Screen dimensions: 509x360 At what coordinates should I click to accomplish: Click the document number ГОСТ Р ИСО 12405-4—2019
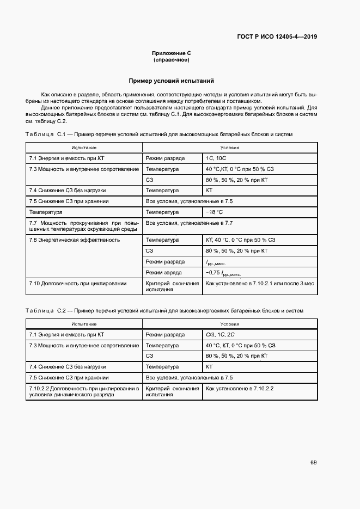[x=277, y=37]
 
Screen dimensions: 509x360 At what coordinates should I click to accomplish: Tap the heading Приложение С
[x=171, y=53]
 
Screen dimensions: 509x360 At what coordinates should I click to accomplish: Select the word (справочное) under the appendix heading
[x=171, y=59]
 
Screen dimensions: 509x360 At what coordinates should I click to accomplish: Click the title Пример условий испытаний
[x=171, y=81]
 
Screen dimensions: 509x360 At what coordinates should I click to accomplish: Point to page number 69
[x=313, y=463]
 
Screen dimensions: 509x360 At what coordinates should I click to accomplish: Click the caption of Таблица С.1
[x=159, y=134]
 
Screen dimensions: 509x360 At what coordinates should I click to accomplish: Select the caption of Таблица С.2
[x=164, y=310]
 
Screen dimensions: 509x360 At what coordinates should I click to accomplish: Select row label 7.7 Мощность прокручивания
[x=84, y=226]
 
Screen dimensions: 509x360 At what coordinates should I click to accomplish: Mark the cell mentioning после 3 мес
[x=259, y=284]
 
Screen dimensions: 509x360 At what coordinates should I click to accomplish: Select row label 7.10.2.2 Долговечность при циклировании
[x=84, y=391]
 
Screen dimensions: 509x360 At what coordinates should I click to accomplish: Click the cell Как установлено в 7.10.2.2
[x=240, y=389]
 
